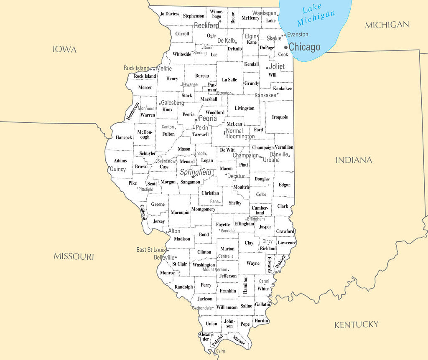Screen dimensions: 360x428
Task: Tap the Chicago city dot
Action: tap(286, 48)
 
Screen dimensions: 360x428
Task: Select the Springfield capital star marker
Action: tap(193, 177)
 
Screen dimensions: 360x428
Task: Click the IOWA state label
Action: tap(65, 50)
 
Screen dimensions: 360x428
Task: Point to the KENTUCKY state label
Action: tap(357, 325)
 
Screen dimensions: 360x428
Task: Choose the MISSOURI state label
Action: tap(74, 256)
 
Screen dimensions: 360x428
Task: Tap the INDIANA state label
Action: tap(354, 160)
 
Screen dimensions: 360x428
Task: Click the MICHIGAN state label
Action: tap(387, 25)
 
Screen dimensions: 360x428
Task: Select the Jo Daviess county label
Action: tap(170, 14)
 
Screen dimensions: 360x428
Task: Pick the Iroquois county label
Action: tap(280, 117)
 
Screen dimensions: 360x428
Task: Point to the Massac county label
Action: tap(239, 340)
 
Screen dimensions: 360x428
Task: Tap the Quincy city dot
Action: tap(109, 167)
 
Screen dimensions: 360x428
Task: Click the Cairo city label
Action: tap(220, 351)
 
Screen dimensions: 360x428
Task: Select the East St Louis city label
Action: tap(151, 250)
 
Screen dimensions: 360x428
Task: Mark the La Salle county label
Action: tap(229, 80)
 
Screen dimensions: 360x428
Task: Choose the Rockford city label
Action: tap(206, 25)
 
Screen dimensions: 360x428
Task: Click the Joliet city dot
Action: tap(267, 68)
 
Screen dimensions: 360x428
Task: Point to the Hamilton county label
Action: tap(245, 285)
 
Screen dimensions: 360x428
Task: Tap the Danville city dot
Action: tap(289, 156)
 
